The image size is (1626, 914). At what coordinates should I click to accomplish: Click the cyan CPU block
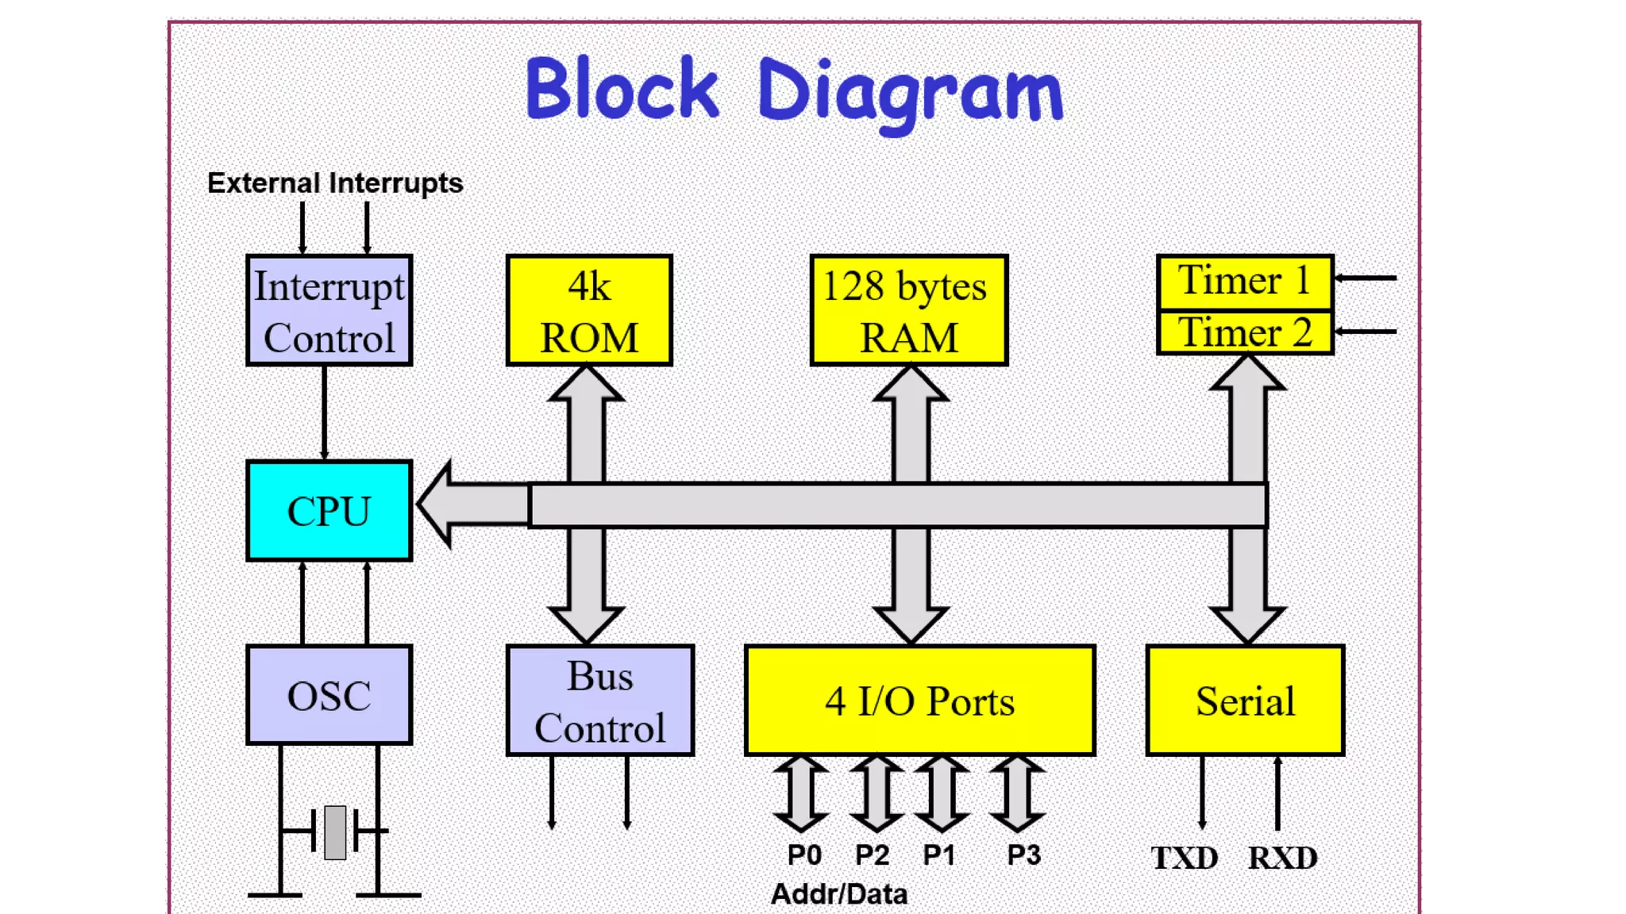pyautogui.click(x=329, y=511)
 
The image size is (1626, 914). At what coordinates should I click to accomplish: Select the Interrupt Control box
pyautogui.click(x=329, y=310)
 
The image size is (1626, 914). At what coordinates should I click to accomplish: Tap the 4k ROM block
pyautogui.click(x=589, y=310)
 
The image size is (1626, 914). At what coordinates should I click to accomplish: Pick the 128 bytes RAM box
pyautogui.click(x=909, y=310)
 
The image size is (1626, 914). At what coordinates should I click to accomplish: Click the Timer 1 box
pyautogui.click(x=1245, y=282)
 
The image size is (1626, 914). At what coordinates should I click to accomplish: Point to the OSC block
pyautogui.click(x=329, y=695)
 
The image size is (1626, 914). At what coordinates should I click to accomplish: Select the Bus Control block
pyautogui.click(x=600, y=701)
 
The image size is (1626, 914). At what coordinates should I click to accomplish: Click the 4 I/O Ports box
pyautogui.click(x=920, y=701)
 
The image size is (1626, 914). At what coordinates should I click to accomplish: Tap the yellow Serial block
pyautogui.click(x=1245, y=701)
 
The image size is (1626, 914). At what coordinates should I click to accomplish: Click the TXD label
pyautogui.click(x=1185, y=858)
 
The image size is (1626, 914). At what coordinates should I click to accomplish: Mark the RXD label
pyautogui.click(x=1282, y=858)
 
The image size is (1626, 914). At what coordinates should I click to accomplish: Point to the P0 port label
pyautogui.click(x=804, y=855)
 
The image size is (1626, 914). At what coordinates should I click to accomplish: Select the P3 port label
pyautogui.click(x=1024, y=855)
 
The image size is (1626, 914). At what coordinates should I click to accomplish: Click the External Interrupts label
pyautogui.click(x=335, y=183)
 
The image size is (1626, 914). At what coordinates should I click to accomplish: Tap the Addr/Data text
pyautogui.click(x=839, y=894)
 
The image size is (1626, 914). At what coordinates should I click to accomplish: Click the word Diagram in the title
pyautogui.click(x=910, y=94)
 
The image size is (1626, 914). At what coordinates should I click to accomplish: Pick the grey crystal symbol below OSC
pyautogui.click(x=335, y=832)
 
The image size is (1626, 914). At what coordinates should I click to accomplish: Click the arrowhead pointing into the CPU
pyautogui.click(x=435, y=504)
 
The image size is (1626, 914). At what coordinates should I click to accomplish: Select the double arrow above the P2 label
pyautogui.click(x=877, y=793)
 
